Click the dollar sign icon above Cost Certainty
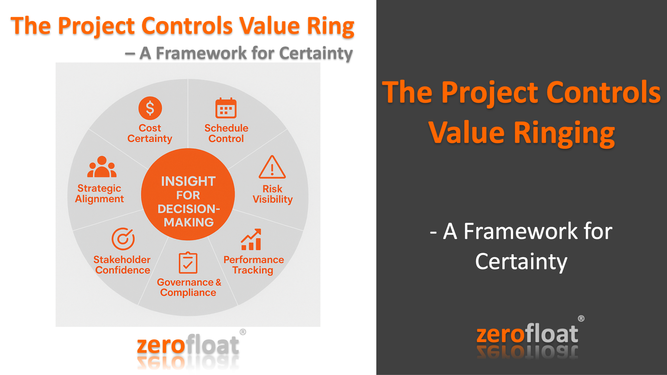coord(150,108)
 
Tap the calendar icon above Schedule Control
coord(226,108)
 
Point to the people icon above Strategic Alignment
coord(102,167)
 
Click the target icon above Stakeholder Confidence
coord(123,239)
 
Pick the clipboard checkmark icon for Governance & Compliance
coord(188,263)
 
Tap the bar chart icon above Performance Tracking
coord(251,240)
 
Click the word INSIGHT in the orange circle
coord(188,181)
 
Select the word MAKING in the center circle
coord(189,222)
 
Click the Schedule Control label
coord(226,133)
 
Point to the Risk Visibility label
coord(273,194)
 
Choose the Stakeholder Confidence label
coord(122,265)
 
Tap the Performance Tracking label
coord(254,265)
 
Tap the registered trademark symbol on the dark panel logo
coord(581,318)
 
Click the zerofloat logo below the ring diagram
coord(188,345)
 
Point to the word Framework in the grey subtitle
coord(201,53)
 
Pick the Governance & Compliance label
coord(189,287)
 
